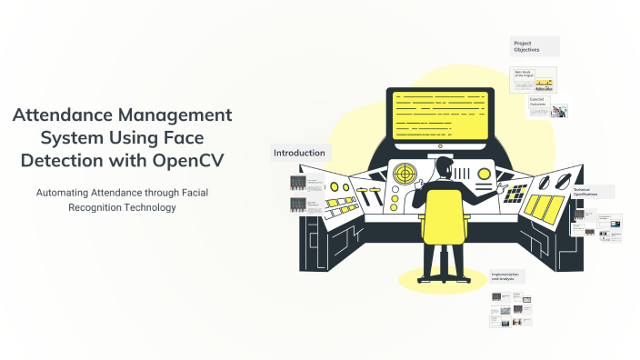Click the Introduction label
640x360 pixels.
(299, 153)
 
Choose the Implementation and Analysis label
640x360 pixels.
(504, 276)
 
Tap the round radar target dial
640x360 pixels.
(404, 173)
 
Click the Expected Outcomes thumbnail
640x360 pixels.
(548, 108)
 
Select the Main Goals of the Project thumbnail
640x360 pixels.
(533, 80)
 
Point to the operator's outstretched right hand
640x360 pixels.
(497, 192)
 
